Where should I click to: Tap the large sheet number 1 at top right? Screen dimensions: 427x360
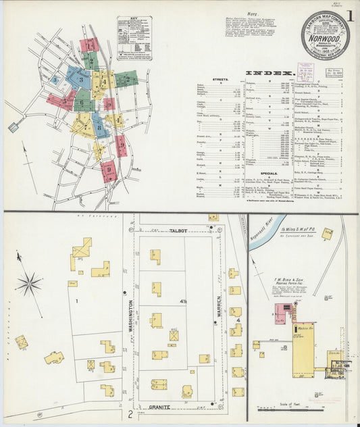[x=349, y=15]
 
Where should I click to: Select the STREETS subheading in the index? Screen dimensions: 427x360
[x=218, y=79]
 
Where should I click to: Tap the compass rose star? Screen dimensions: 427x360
[x=29, y=284]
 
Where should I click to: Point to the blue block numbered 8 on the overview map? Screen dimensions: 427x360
[x=99, y=126]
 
